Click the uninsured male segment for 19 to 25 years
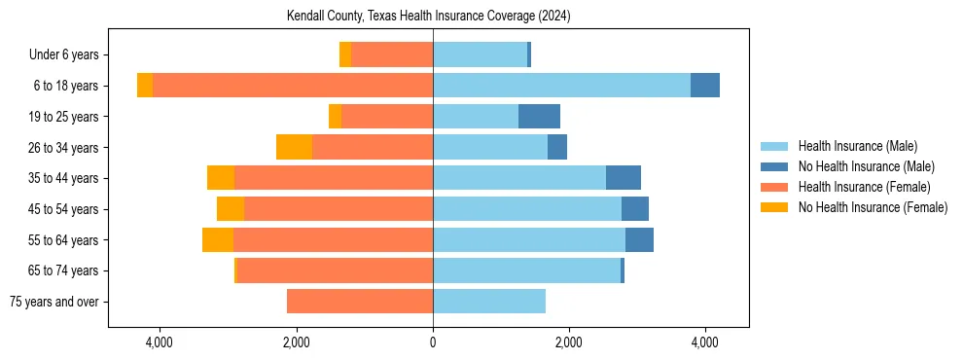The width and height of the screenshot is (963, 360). [x=539, y=117]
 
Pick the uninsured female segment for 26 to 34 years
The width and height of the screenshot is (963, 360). [x=294, y=147]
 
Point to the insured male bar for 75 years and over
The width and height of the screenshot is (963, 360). [x=489, y=302]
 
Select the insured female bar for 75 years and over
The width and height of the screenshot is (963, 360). [x=360, y=302]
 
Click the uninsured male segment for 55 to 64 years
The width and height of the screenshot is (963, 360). [x=639, y=239]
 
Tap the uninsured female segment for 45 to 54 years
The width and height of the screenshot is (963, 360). [x=231, y=209]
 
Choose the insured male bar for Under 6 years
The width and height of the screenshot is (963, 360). [x=480, y=55]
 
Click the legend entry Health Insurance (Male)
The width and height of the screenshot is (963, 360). [x=857, y=147]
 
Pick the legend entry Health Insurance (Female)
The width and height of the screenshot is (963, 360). [x=864, y=187]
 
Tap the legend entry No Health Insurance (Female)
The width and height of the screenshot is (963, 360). [x=873, y=207]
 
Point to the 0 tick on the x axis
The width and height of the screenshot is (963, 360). [x=433, y=342]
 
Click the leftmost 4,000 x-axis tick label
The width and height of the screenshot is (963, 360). [x=159, y=342]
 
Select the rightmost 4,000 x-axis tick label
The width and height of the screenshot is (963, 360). [x=705, y=342]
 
